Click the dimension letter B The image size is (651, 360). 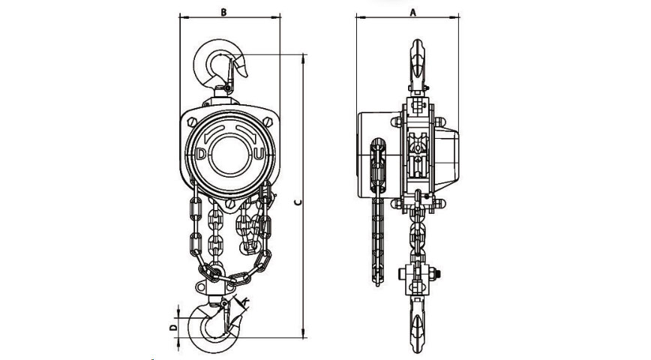(x=223, y=12)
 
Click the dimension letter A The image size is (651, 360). (x=412, y=12)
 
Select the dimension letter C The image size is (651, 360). (x=297, y=202)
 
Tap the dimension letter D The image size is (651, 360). (x=173, y=328)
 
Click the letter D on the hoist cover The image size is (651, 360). (x=201, y=154)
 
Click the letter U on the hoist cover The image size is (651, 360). (x=259, y=154)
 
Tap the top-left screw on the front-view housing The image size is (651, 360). (x=192, y=122)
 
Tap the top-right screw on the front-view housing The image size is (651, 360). (x=268, y=122)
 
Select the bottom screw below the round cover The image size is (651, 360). (x=230, y=204)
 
